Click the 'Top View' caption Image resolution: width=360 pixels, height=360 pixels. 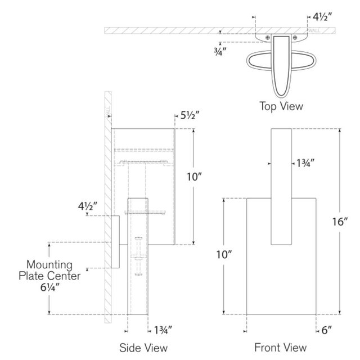point(281,105)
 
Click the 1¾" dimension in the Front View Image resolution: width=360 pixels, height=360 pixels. point(304,164)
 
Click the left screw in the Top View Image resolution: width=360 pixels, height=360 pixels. point(265,38)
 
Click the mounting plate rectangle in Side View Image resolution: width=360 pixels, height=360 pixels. point(114,242)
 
